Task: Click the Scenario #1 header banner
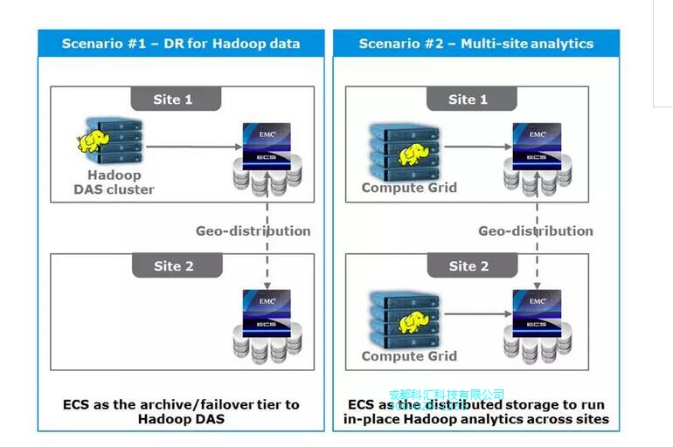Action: (x=181, y=43)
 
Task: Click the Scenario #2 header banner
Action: (x=476, y=43)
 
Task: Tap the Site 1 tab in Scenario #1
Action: (x=173, y=99)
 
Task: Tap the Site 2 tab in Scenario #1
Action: (x=173, y=265)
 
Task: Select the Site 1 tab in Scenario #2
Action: (x=468, y=99)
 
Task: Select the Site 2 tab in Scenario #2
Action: (x=468, y=265)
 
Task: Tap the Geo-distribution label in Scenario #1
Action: (x=253, y=230)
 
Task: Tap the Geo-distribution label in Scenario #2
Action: (x=535, y=230)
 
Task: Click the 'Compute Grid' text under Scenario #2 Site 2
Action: (x=409, y=355)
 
